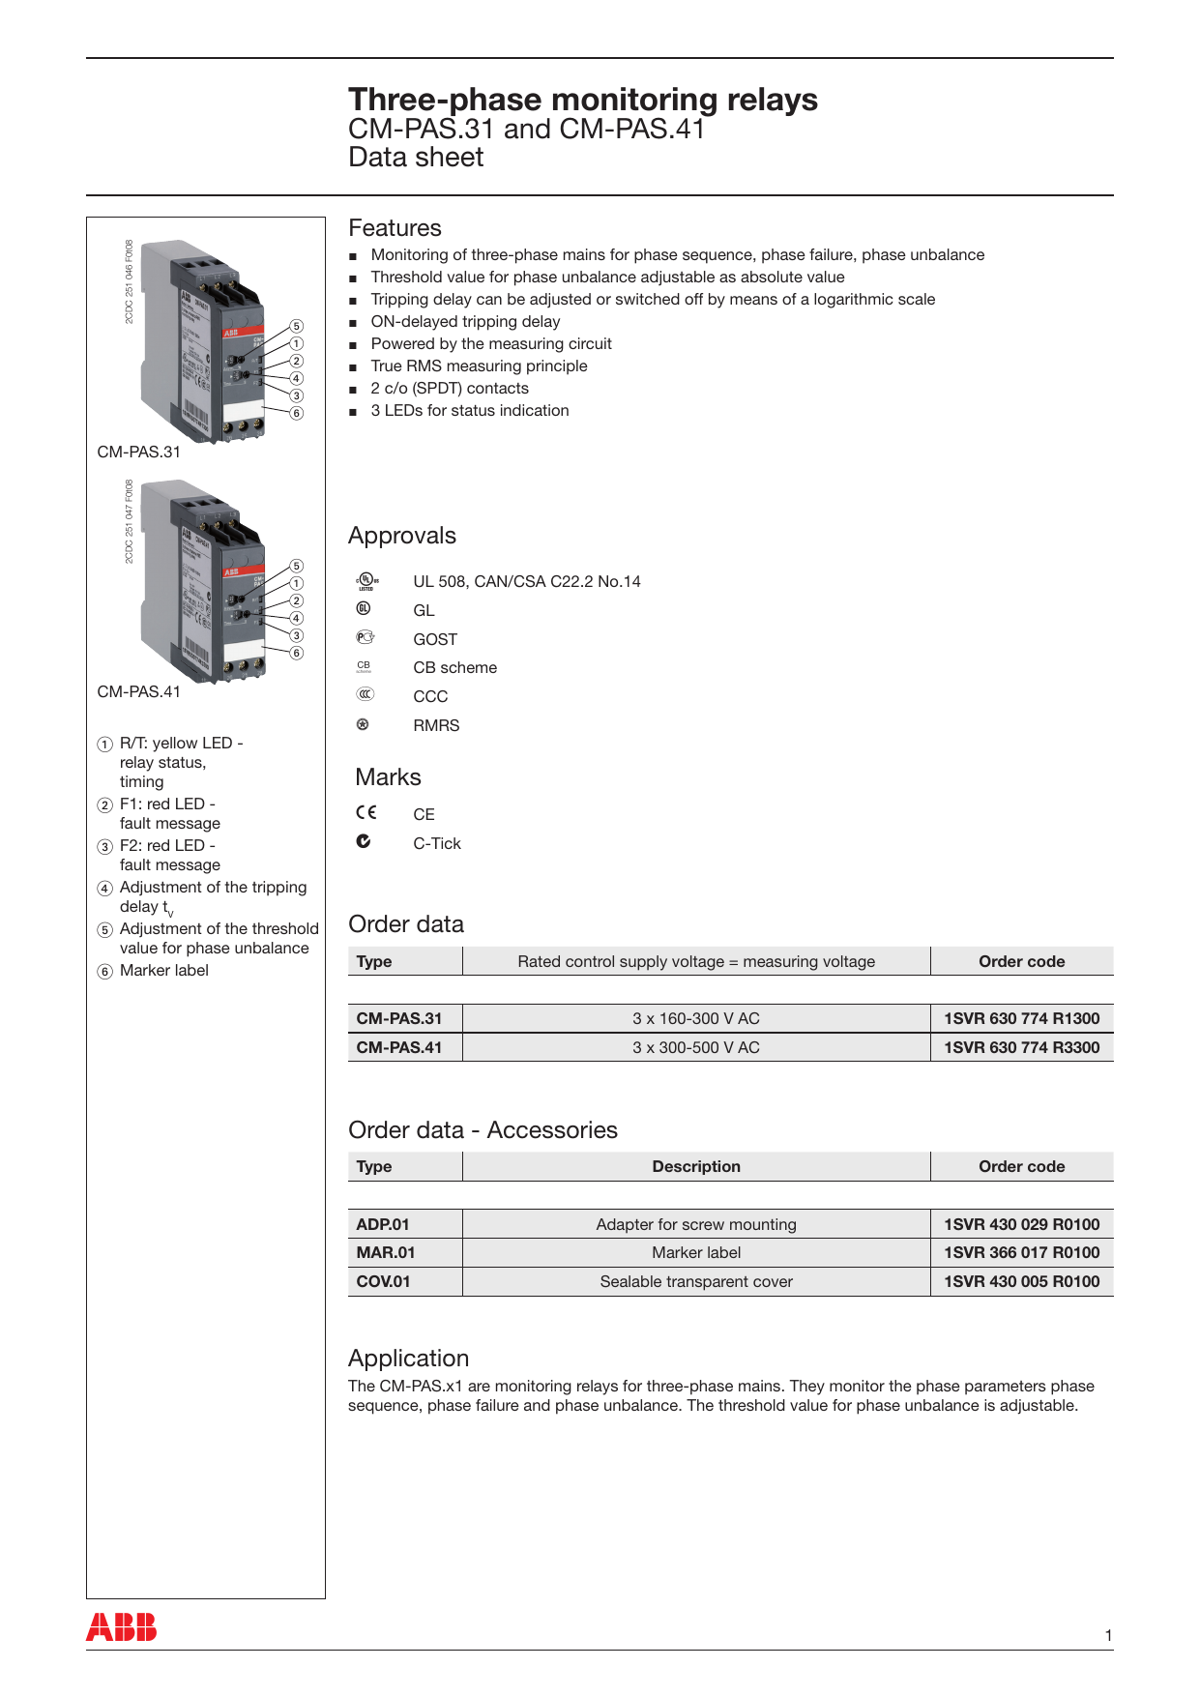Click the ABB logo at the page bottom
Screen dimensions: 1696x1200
click(x=121, y=1626)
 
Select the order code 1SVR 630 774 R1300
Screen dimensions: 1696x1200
click(x=1021, y=1018)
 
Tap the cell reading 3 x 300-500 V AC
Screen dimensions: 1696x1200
click(x=695, y=1047)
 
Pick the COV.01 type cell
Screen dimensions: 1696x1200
click(x=383, y=1281)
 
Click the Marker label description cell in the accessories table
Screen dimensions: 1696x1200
click(x=695, y=1252)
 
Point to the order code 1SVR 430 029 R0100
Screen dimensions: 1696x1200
click(x=1021, y=1224)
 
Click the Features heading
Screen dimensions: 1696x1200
click(x=395, y=228)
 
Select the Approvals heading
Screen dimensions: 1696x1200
click(x=401, y=536)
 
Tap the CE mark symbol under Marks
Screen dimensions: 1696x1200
click(x=366, y=812)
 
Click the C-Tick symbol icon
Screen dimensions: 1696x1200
click(x=364, y=841)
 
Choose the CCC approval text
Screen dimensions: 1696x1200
click(x=430, y=696)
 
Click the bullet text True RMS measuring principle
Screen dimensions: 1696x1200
click(x=479, y=366)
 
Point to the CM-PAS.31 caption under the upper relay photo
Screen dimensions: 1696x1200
click(x=138, y=452)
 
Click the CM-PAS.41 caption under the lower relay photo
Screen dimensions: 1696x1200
click(x=138, y=691)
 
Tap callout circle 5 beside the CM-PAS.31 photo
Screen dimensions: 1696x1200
click(x=297, y=326)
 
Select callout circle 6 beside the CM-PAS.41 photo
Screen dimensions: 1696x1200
click(x=297, y=653)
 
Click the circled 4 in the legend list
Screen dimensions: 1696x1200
click(x=105, y=889)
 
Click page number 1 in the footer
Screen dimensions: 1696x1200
click(x=1108, y=1635)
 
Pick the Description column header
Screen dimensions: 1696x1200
click(x=695, y=1166)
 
